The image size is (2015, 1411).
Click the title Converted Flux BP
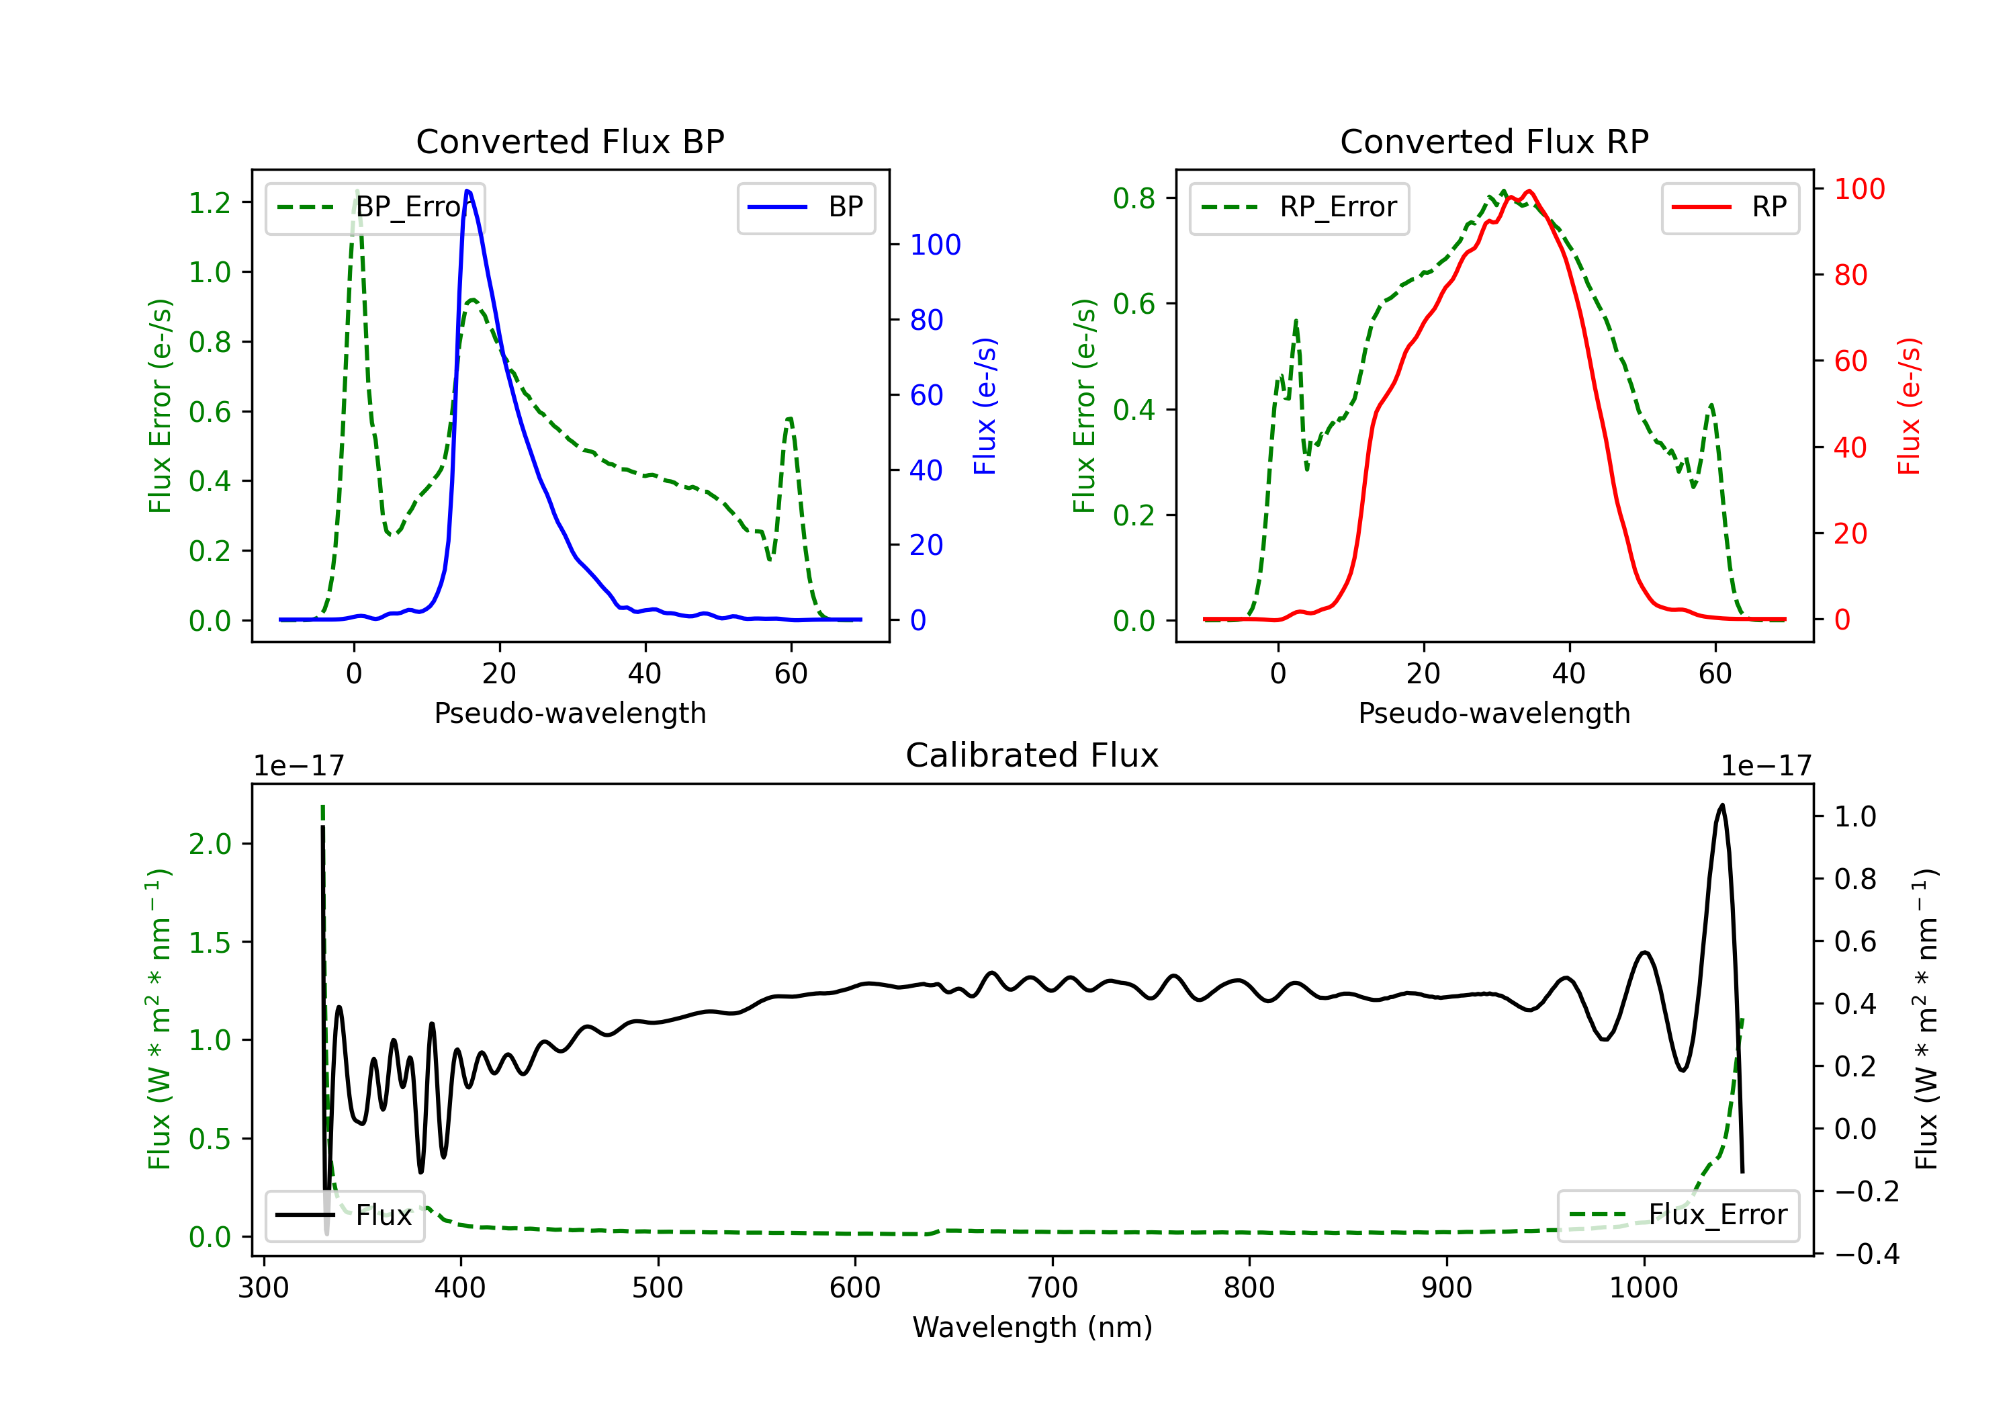[x=570, y=141]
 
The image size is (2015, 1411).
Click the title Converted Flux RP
[x=1494, y=141]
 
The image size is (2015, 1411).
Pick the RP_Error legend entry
[x=1299, y=207]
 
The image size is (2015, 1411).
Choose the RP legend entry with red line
[x=1730, y=207]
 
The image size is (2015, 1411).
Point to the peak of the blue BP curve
[x=467, y=191]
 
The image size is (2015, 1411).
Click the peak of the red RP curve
[x=1529, y=191]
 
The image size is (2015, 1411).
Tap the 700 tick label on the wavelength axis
[x=1051, y=1288]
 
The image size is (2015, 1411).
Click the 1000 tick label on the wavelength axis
[x=1643, y=1288]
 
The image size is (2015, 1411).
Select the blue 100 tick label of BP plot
[x=935, y=245]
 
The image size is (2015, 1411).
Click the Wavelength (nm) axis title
[x=1032, y=1328]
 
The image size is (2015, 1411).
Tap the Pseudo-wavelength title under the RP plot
[x=1494, y=713]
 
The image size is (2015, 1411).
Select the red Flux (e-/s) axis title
[x=1910, y=406]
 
